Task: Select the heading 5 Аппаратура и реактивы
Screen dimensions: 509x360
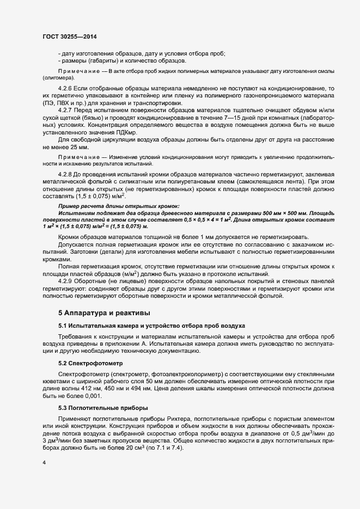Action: click(101, 313)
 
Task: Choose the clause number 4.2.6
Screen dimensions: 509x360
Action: click(65, 88)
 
